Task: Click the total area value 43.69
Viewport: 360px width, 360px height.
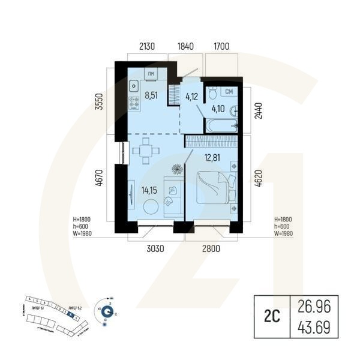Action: (x=314, y=328)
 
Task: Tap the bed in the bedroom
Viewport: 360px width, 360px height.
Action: (x=214, y=188)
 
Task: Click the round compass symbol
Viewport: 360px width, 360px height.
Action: (x=107, y=311)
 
